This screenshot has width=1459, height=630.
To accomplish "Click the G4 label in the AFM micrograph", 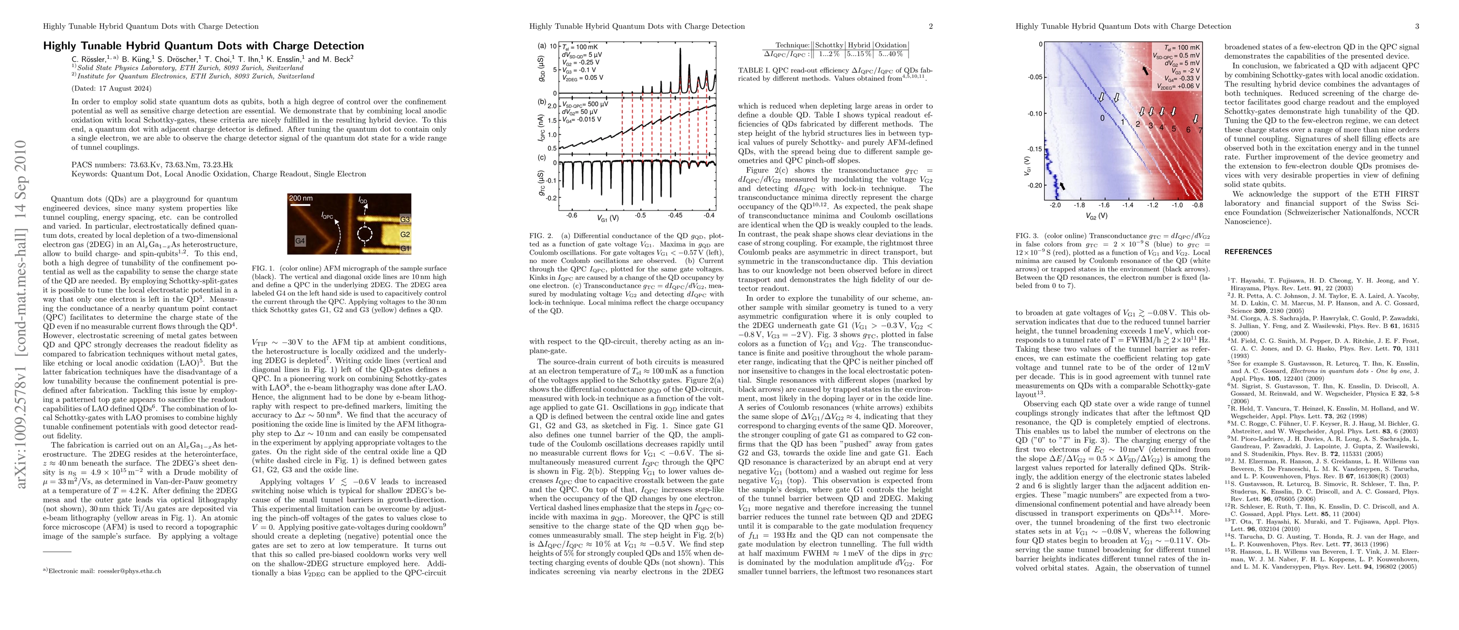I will click(x=300, y=241).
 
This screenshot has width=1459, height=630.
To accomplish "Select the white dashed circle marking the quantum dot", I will click(x=365, y=234).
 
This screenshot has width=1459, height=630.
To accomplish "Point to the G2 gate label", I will click(x=405, y=234).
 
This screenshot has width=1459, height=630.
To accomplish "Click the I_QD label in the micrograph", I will click(x=363, y=200).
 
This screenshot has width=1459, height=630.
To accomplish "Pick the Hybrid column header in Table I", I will click(x=859, y=45).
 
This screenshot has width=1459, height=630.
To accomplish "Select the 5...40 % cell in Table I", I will click(x=890, y=54).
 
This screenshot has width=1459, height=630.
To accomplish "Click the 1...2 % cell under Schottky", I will click(x=828, y=54).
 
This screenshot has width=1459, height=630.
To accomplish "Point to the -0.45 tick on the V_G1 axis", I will click(x=675, y=215).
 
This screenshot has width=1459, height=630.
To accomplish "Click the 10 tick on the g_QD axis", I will click(x=553, y=46).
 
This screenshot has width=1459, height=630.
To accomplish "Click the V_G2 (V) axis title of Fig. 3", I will click(x=1096, y=216).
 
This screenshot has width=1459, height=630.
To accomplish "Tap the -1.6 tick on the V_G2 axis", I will click(x=1104, y=205).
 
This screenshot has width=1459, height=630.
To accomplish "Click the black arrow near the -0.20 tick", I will click(x=1062, y=186).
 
